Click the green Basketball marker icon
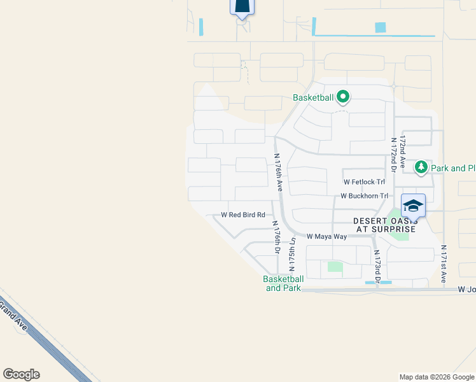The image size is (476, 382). (x=344, y=97)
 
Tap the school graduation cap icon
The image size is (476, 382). (x=413, y=205)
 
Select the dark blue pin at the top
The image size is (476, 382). (x=242, y=5)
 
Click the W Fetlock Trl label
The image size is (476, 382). (x=364, y=182)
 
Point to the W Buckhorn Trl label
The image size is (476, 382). (x=364, y=196)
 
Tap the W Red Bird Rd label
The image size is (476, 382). (x=243, y=215)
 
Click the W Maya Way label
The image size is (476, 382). (x=326, y=237)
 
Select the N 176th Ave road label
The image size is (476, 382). (x=278, y=172)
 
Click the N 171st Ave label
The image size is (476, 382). (x=444, y=264)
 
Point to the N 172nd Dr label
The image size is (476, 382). (x=394, y=154)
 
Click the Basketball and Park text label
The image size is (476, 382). (x=283, y=283)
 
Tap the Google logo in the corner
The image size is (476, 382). (x=21, y=374)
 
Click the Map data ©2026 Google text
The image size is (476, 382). (x=437, y=377)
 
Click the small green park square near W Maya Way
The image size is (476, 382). (x=335, y=267)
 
